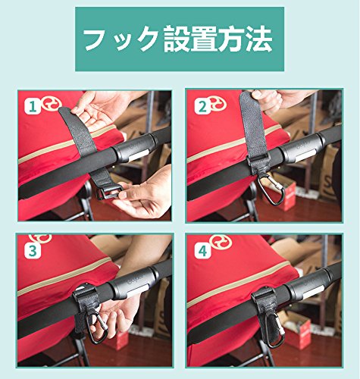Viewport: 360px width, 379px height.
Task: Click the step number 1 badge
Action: pyautogui.click(x=33, y=107)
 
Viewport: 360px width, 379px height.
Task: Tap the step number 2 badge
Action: pyautogui.click(x=202, y=107)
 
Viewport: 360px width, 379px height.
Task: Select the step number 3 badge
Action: pyautogui.click(x=33, y=251)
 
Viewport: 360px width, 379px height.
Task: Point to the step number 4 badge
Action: pyautogui.click(x=202, y=251)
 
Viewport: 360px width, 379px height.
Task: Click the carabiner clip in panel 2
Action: pyautogui.click(x=271, y=188)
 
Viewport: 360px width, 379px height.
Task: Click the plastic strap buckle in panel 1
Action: pyautogui.click(x=110, y=192)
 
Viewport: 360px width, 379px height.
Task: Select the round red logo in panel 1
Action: pyautogui.click(x=52, y=105)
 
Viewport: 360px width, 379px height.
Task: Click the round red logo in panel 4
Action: pyautogui.click(x=221, y=242)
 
